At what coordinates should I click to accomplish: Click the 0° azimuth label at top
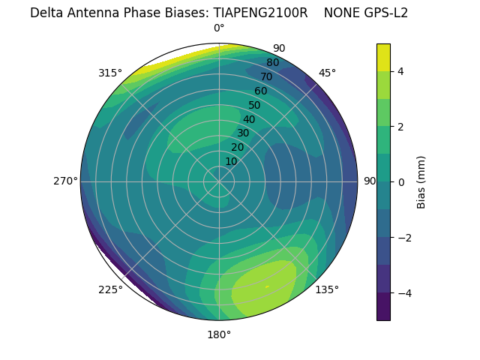coord(219,28)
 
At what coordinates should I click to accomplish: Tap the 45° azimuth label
coord(327,73)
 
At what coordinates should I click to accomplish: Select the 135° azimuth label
coord(327,289)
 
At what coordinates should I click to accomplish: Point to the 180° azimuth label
coord(219,334)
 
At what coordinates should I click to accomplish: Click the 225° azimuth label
coord(110,289)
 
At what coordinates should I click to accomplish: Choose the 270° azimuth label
coord(65,181)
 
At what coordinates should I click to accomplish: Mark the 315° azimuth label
coord(110,73)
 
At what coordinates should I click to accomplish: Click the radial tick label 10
coord(231,161)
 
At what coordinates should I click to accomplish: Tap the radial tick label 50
coord(255,105)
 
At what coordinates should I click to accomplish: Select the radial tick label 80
coord(272,62)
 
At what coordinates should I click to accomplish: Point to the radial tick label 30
coord(243,133)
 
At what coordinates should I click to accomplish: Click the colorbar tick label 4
coord(401,71)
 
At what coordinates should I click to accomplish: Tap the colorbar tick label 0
coord(401,181)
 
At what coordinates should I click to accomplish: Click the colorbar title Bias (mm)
coord(421,181)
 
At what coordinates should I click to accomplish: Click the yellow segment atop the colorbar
coord(383,57)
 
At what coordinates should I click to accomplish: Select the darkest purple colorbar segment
coord(383,307)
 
